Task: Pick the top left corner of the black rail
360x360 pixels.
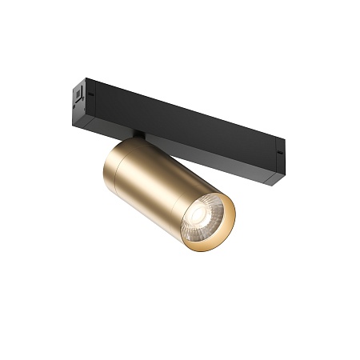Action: point(87,78)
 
